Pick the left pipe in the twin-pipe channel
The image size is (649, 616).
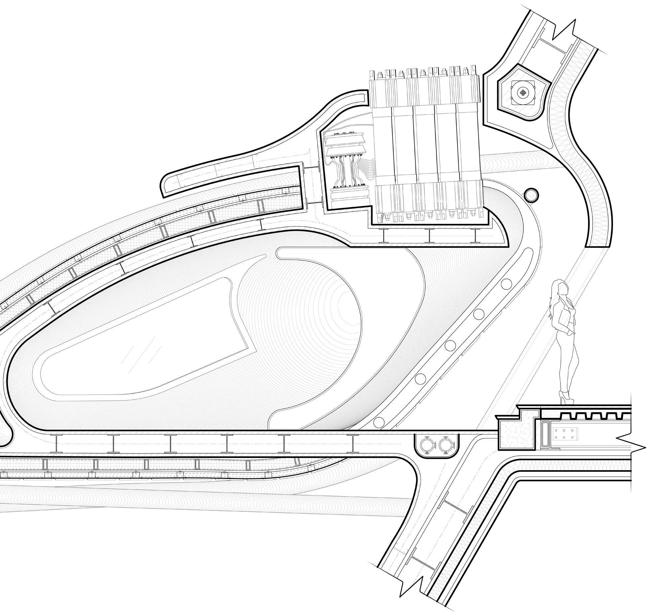point(427,445)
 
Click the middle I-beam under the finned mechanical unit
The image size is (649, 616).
point(429,236)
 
